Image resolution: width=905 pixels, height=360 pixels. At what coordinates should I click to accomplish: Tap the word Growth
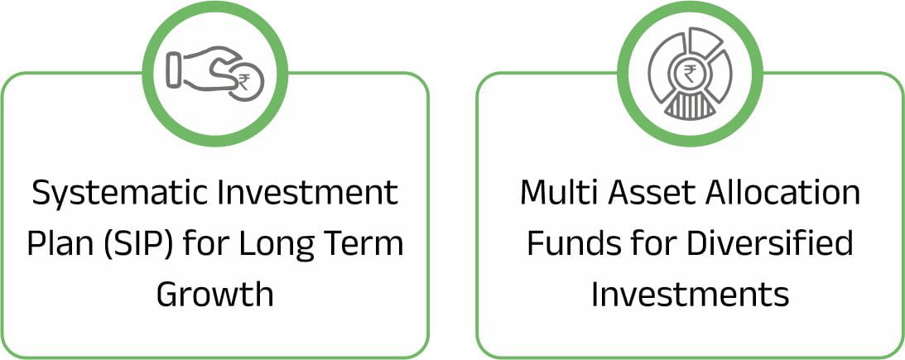click(215, 295)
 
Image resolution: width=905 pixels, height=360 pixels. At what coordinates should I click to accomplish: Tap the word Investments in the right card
click(690, 295)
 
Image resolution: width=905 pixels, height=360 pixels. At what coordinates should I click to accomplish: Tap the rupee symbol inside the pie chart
click(690, 73)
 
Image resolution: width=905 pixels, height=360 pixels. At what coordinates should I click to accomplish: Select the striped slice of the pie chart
click(690, 107)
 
